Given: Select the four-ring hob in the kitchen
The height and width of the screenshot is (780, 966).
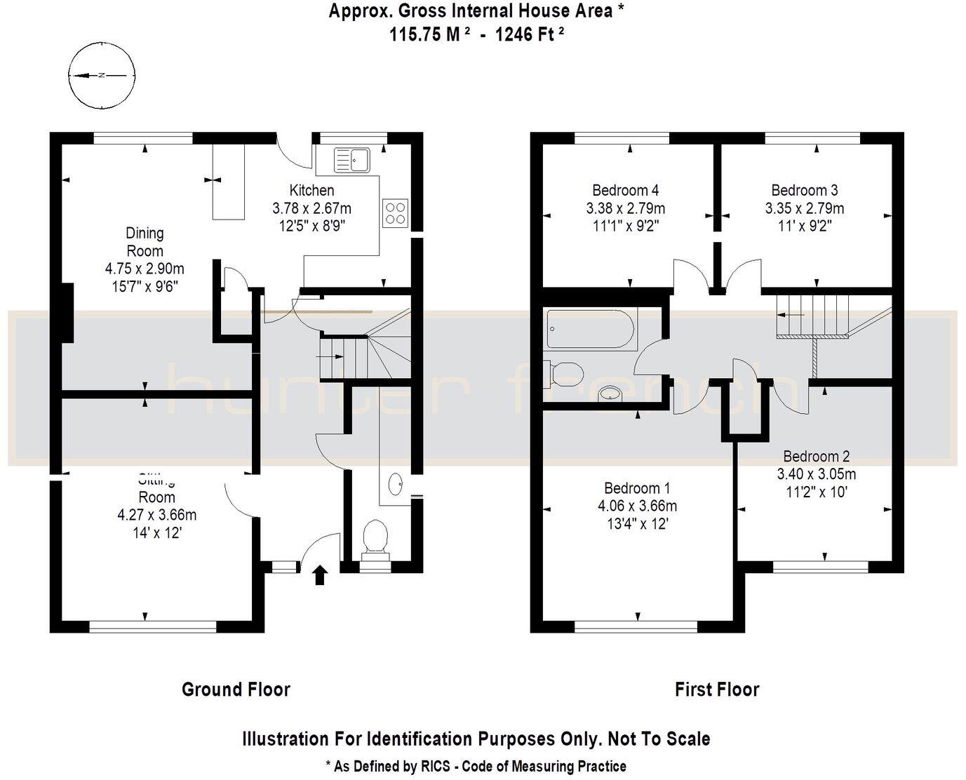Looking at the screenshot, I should pos(395,213).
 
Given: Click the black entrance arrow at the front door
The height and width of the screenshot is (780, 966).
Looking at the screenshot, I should pos(319,575).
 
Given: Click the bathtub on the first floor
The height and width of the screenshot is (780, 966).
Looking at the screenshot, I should pos(591,329).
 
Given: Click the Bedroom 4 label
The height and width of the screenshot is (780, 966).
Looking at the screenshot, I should pos(625,190).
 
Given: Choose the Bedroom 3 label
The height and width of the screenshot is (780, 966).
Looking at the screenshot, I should pos(804,190).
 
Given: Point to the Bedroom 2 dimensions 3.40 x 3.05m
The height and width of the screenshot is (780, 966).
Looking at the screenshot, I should pos(816,474).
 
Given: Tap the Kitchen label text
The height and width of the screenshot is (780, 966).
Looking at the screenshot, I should pos(311,190).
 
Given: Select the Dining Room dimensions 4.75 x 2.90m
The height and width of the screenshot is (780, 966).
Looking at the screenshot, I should pos(145,269).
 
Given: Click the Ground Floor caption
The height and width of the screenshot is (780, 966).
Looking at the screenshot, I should pos(236,690).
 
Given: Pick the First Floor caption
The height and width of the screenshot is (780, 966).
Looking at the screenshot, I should pos(716,690).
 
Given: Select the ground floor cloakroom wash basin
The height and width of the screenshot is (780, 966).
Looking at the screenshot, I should pos(396,483).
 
